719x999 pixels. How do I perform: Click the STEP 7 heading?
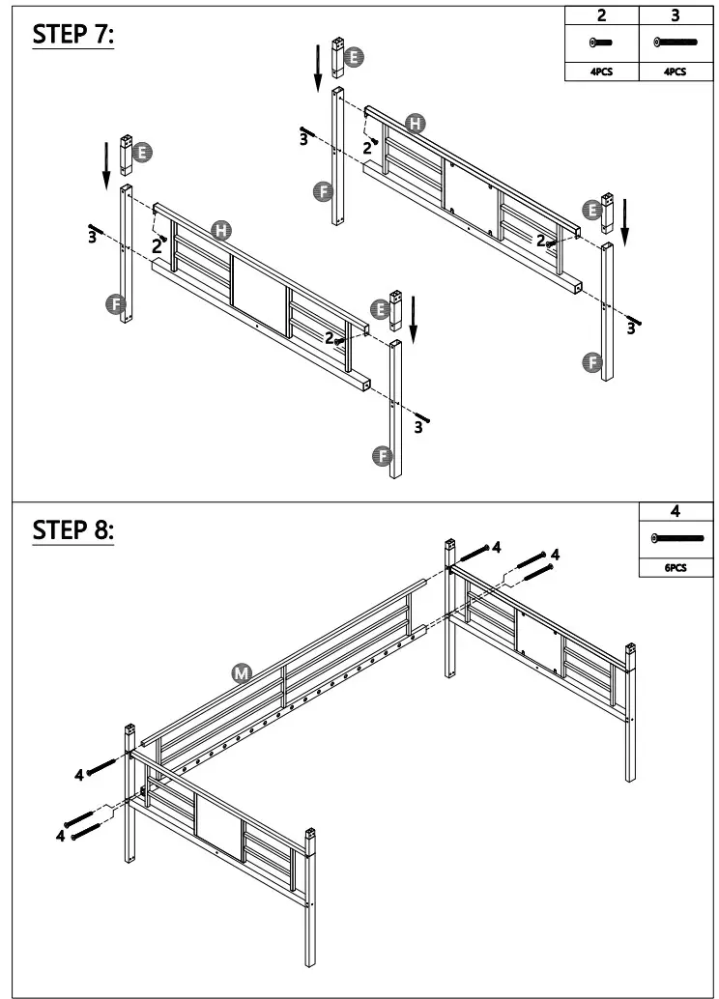coord(73,35)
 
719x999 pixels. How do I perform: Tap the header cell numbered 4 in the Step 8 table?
coord(676,512)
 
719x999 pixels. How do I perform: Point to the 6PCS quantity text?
coord(676,568)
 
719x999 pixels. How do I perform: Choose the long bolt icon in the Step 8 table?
coord(676,537)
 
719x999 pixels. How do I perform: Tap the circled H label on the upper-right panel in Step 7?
coord(416,123)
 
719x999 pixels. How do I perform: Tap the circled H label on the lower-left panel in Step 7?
coord(222,230)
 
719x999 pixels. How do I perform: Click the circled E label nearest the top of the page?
coord(355,58)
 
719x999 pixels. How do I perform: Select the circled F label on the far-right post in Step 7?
coord(592,362)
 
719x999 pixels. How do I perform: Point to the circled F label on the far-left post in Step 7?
coord(114,305)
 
